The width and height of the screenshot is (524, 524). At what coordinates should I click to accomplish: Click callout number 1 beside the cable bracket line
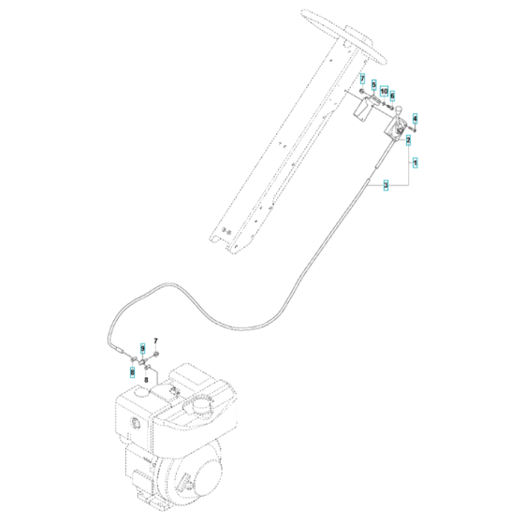pyautogui.click(x=416, y=162)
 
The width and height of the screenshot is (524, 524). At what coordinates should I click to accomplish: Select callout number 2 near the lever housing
pyautogui.click(x=408, y=139)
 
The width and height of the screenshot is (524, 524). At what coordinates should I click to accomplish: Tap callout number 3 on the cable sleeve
pyautogui.click(x=386, y=186)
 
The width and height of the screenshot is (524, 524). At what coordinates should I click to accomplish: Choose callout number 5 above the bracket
pyautogui.click(x=373, y=84)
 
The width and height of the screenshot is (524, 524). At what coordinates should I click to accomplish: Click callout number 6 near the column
pyautogui.click(x=392, y=95)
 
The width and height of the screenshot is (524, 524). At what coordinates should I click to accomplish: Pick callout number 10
pyautogui.click(x=383, y=89)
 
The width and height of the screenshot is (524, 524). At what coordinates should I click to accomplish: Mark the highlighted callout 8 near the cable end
pyautogui.click(x=133, y=371)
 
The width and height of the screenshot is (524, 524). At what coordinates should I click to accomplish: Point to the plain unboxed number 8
pyautogui.click(x=145, y=382)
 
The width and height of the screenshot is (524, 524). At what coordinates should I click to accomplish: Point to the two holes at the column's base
pyautogui.click(x=225, y=232)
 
